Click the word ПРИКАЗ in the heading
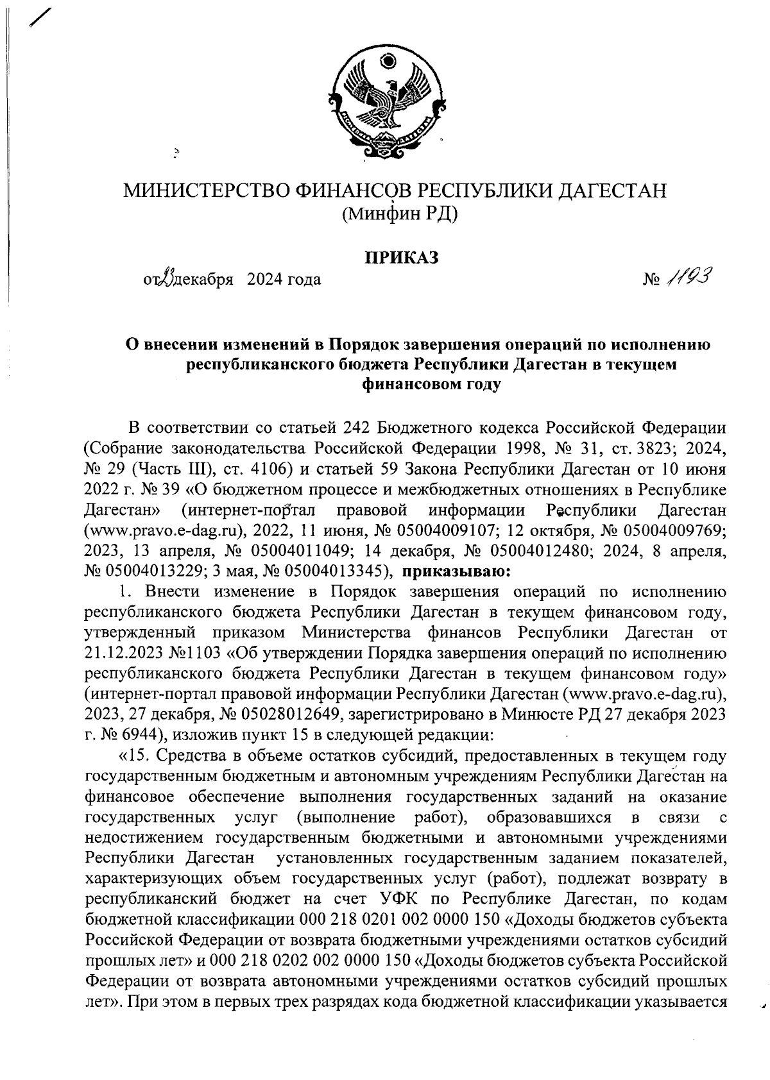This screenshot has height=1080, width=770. tap(402, 258)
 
